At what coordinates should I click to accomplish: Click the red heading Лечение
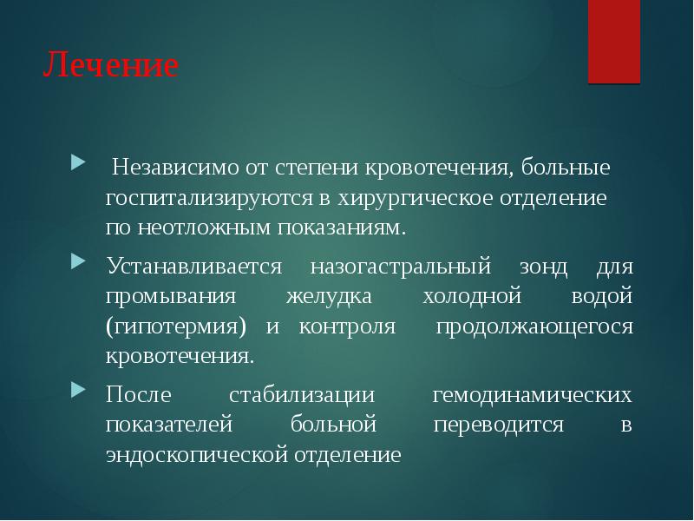[111, 67]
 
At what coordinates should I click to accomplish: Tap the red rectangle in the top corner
[614, 41]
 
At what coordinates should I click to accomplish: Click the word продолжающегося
[534, 326]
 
